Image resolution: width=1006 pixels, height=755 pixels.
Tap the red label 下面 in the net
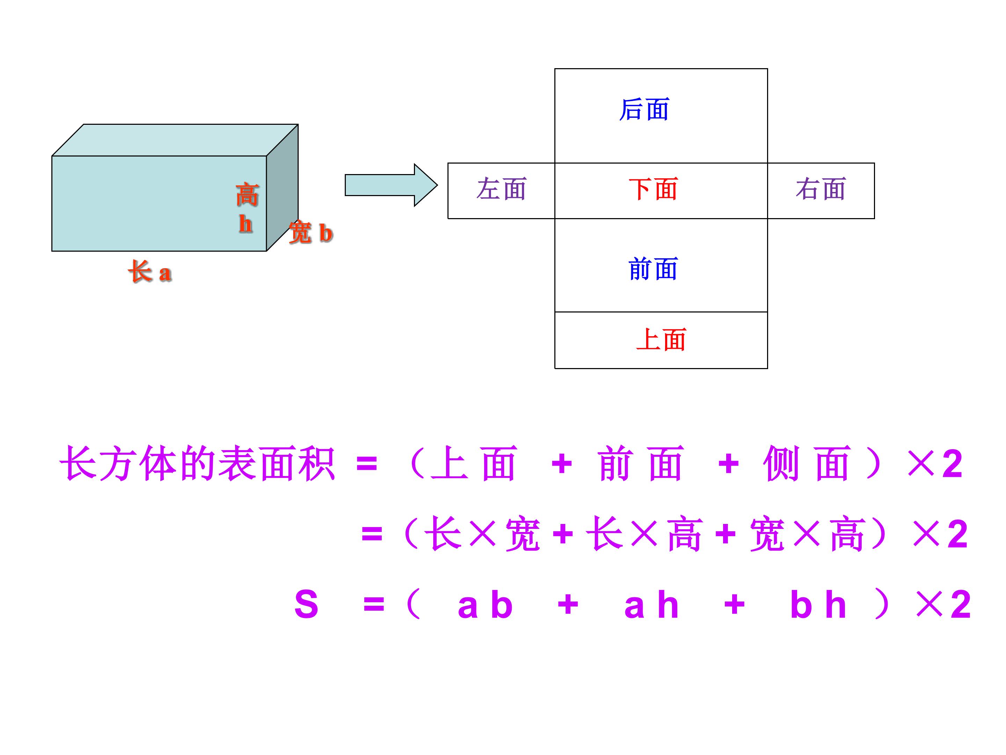pyautogui.click(x=653, y=189)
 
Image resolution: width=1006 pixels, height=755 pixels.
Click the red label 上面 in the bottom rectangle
pyautogui.click(x=661, y=340)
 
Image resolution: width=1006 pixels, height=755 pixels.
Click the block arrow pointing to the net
pyautogui.click(x=391, y=185)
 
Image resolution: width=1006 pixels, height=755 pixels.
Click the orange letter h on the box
pyautogui.click(x=246, y=224)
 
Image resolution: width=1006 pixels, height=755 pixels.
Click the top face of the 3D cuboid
pyautogui.click(x=175, y=140)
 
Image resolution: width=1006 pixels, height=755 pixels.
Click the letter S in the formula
pyautogui.click(x=306, y=604)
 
